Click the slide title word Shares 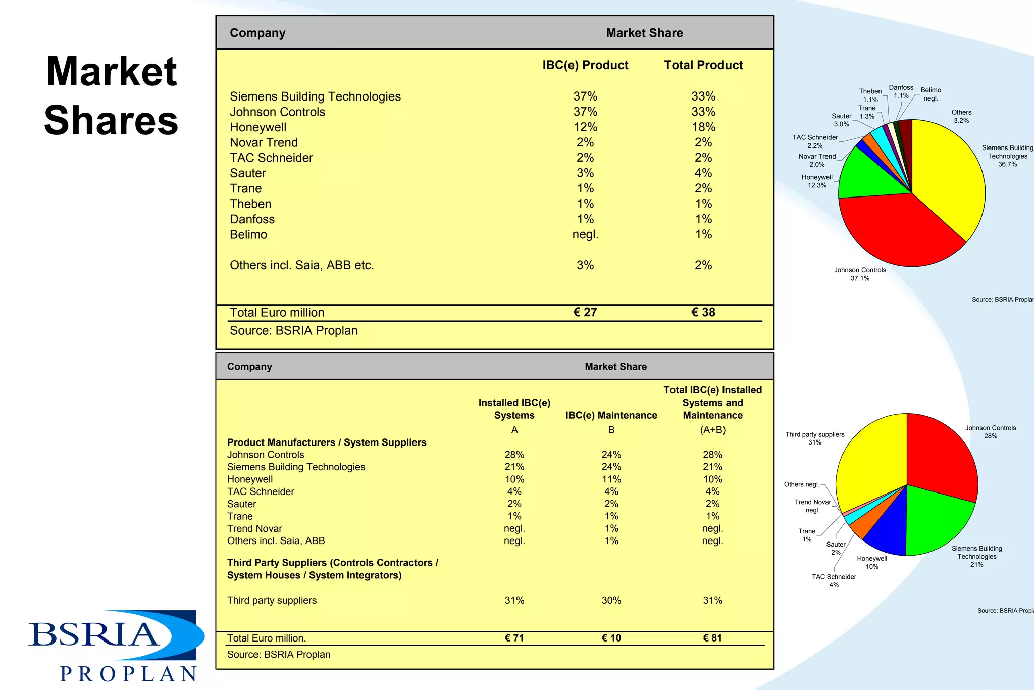pyautogui.click(x=111, y=120)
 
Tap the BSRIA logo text pyautogui.click(x=94, y=634)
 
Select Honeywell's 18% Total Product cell pyautogui.click(x=703, y=127)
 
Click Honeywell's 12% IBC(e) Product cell pyautogui.click(x=585, y=127)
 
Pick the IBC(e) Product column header pyautogui.click(x=585, y=65)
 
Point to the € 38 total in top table pyautogui.click(x=703, y=312)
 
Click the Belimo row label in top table pyautogui.click(x=248, y=235)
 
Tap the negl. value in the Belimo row pyautogui.click(x=585, y=235)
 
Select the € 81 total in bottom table pyautogui.click(x=712, y=638)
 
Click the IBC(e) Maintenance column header pyautogui.click(x=611, y=415)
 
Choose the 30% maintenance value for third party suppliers pyautogui.click(x=611, y=600)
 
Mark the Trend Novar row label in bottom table pyautogui.click(x=254, y=528)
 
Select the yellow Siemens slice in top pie pyautogui.click(x=949, y=177)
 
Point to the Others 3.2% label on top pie pyautogui.click(x=961, y=117)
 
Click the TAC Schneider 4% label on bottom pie pyautogui.click(x=834, y=581)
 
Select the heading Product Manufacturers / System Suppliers pyautogui.click(x=327, y=442)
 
